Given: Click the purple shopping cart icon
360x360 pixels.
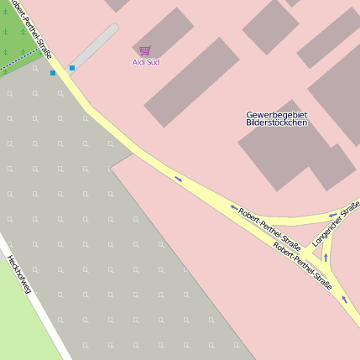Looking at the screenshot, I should coord(145,51).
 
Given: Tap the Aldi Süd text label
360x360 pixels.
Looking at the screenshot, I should coord(146,62).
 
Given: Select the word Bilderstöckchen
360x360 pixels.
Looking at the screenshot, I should coord(277,123).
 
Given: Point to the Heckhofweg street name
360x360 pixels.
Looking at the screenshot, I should coord(19,275).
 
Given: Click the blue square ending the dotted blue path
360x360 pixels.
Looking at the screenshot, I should coord(53,73).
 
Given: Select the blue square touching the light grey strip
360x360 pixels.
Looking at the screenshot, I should coord(72,67).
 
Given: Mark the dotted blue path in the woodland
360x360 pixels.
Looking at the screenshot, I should coord(18,60).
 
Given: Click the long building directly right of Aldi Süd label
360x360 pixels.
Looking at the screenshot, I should coord(191,81).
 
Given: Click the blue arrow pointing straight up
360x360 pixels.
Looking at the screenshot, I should coord(326,258).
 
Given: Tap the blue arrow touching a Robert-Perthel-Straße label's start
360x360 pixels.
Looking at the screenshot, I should coord(234,207).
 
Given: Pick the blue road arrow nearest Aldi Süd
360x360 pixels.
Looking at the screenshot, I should coord(178,178).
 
